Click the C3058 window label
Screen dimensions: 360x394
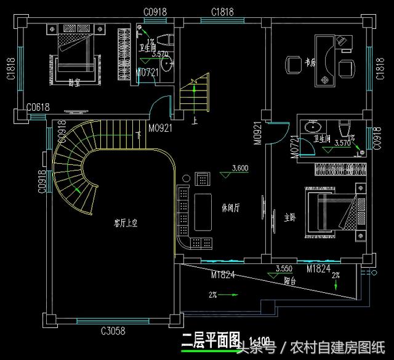pos(113,331)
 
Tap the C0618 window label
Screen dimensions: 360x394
pos(38,109)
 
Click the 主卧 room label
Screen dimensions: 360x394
pos(289,218)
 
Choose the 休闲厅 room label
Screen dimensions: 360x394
pos(230,207)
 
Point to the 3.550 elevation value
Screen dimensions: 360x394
pos(284,268)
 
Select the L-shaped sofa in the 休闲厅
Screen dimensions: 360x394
pos(184,215)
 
